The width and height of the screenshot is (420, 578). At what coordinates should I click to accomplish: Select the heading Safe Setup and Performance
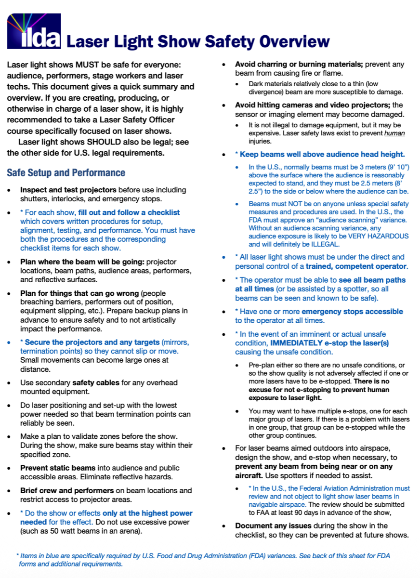coord(66,172)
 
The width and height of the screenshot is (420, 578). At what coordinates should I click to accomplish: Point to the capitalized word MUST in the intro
coord(87,65)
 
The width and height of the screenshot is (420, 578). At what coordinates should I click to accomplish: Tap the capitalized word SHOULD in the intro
coord(104,142)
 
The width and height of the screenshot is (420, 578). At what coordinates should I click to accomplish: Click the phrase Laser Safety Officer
coord(136,120)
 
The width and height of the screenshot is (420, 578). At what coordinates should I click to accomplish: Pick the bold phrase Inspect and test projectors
coord(68,190)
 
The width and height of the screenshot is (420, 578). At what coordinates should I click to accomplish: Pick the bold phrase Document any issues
coord(271,526)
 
